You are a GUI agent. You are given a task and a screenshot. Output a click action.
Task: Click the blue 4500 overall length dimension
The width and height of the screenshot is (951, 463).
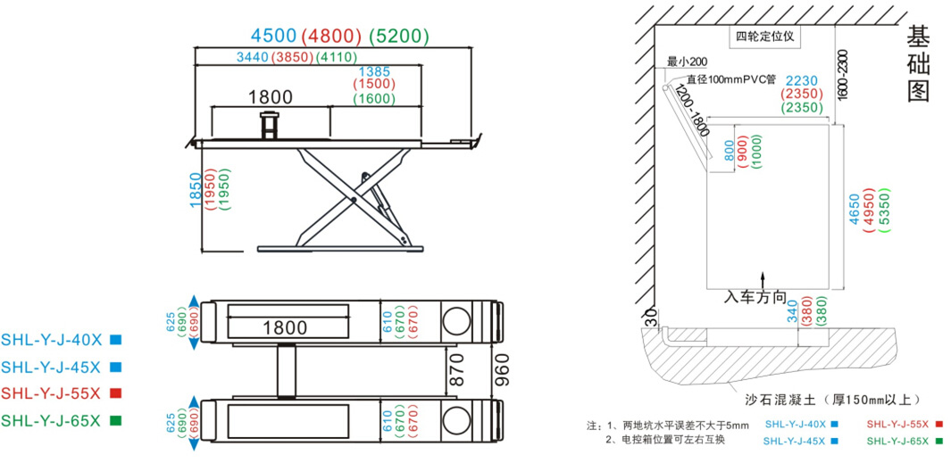pos(272,36)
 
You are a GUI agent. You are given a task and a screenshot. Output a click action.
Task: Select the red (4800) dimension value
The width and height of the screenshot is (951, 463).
pos(330,36)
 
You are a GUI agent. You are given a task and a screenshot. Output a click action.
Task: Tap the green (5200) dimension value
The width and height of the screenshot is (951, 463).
pos(398,36)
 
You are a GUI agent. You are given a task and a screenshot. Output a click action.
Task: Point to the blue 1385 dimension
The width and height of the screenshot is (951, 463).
pos(374,70)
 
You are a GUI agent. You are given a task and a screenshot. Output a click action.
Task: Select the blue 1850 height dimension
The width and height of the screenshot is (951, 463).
pos(196,190)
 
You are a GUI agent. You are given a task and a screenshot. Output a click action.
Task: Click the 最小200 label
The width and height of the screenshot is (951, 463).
pos(687,62)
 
